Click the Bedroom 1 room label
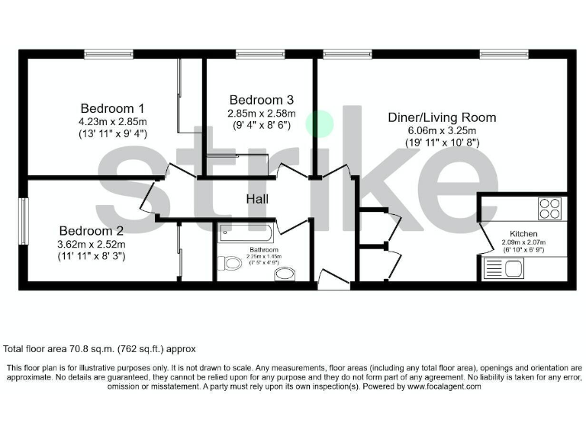[x=113, y=107]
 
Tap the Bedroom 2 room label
[x=92, y=229]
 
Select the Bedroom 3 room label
[x=261, y=100]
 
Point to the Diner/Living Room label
[x=441, y=117]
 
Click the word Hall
[x=256, y=200]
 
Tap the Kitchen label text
[x=524, y=234]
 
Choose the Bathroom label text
[x=264, y=250]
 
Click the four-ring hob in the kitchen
[x=549, y=207]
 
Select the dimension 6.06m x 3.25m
[x=441, y=130]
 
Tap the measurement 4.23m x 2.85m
[x=113, y=121]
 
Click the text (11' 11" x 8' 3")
[x=92, y=256]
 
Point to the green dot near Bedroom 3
[x=319, y=123]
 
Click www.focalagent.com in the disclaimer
[x=444, y=387]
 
